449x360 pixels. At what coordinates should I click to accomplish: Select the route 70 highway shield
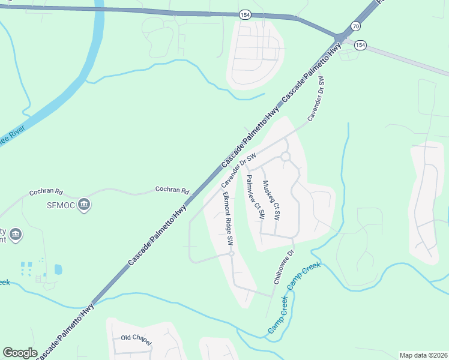pyautogui.click(x=356, y=26)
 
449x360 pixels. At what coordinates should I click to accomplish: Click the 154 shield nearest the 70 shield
pyautogui.click(x=360, y=45)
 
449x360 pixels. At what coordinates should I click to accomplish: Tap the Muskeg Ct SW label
pyautogui.click(x=271, y=199)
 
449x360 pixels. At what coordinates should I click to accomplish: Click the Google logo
pyautogui.click(x=20, y=353)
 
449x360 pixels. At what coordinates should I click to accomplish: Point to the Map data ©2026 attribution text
pyautogui.click(x=423, y=355)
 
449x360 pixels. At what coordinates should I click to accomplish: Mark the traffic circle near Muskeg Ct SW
pyautogui.click(x=285, y=157)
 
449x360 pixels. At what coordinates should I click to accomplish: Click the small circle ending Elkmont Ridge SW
pyautogui.click(x=231, y=254)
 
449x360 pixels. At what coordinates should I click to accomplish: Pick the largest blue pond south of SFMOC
pyautogui.click(x=58, y=269)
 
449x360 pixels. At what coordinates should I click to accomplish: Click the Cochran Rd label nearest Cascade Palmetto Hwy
pyautogui.click(x=172, y=190)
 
